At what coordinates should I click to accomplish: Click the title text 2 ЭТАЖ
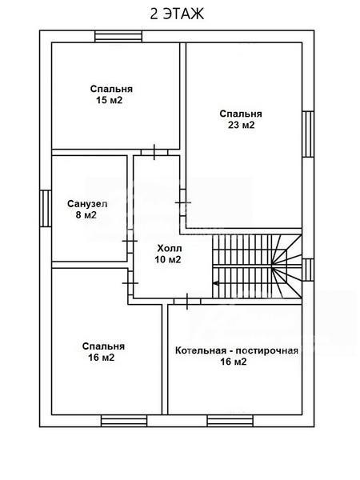177,14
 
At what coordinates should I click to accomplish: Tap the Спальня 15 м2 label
111,94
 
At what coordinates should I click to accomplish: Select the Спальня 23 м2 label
241,119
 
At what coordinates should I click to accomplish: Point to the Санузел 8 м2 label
87,210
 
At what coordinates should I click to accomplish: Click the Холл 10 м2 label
168,254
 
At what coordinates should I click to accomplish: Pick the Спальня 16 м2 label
103,352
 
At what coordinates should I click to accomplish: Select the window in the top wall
118,37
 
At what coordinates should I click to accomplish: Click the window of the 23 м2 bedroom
308,134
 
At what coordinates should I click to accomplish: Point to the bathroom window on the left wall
46,209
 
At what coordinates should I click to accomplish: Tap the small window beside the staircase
308,270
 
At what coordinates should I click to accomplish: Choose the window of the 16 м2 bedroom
124,421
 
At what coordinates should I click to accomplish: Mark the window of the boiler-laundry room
230,421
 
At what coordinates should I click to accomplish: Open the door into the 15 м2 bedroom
154,152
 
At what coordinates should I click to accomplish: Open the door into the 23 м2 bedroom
182,202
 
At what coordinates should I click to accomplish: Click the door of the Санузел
130,242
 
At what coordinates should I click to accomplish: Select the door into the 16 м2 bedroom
130,283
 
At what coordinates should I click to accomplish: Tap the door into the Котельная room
187,302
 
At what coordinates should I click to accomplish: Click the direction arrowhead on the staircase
215,283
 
